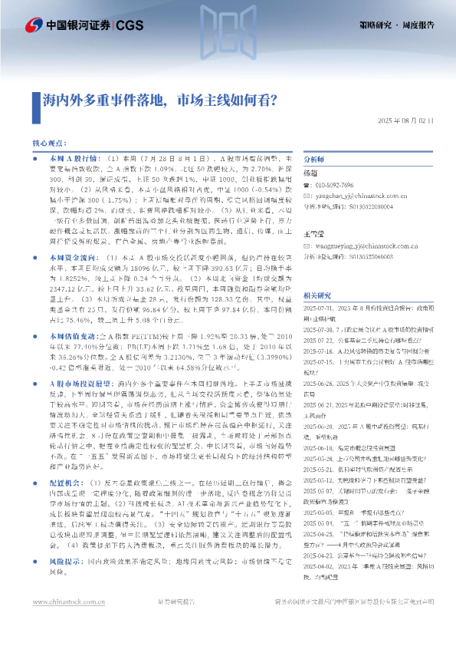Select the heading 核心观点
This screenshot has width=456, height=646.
(x=50, y=143)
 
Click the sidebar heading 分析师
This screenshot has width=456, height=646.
(x=314, y=158)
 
